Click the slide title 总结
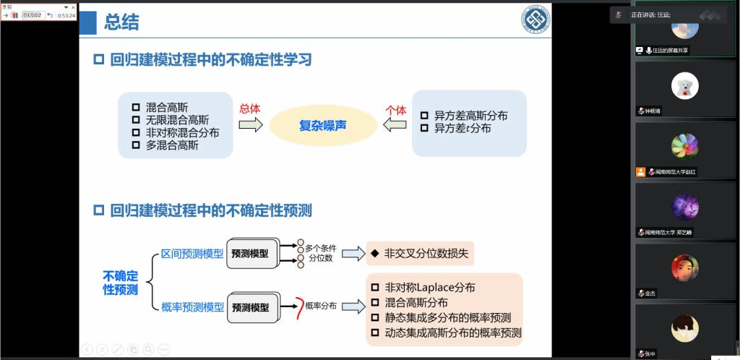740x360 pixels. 121,22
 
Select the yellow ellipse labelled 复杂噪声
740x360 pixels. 323,125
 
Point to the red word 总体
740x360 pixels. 249,109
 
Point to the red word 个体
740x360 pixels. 396,110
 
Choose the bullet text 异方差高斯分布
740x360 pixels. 470,115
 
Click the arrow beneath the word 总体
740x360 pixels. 250,125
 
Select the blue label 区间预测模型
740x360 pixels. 192,254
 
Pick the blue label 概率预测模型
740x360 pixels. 192,307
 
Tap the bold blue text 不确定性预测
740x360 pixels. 120,282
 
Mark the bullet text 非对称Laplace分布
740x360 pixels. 429,287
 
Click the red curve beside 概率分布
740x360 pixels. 297,307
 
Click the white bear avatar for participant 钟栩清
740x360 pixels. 684,87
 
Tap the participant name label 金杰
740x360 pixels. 650,293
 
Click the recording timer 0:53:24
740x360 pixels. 66,15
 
